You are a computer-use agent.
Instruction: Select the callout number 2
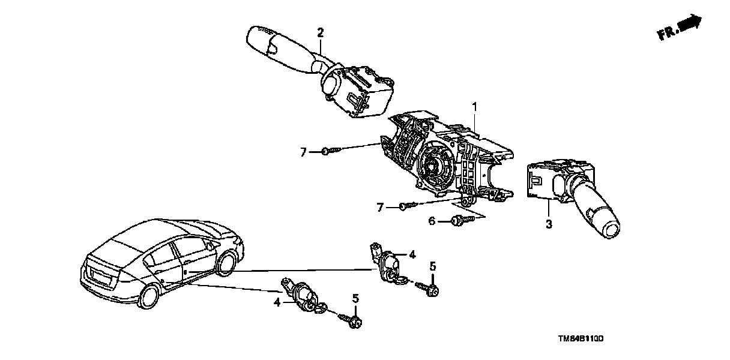point(321,32)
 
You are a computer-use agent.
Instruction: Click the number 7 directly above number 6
point(379,207)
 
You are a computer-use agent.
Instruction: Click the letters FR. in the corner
point(668,34)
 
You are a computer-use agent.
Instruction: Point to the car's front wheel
point(226,264)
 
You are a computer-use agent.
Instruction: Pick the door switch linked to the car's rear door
point(304,295)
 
